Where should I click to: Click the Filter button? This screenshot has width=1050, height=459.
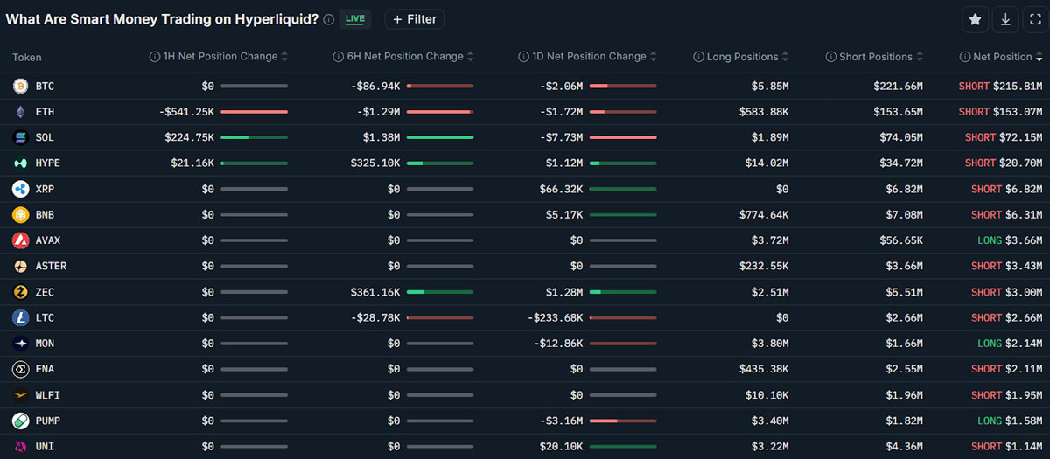click(415, 19)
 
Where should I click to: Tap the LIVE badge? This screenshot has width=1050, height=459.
click(355, 19)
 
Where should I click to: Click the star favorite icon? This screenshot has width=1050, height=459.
click(975, 19)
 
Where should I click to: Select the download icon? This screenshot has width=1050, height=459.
click(1005, 19)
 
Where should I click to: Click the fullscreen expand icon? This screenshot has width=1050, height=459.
click(1035, 19)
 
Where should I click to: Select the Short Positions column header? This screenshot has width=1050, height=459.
click(874, 57)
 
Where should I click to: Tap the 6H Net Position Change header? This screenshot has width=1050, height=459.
click(403, 56)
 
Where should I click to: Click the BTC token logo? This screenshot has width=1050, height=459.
click(20, 87)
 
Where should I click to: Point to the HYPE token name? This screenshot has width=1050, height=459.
click(48, 163)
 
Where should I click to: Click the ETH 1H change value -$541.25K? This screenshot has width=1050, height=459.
click(186, 112)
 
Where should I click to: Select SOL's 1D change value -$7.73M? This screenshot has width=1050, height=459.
click(562, 137)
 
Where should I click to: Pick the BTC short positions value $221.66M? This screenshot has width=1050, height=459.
click(898, 87)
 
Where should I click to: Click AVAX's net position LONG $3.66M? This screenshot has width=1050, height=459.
click(1010, 240)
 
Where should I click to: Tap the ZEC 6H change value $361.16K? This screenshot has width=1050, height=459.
click(375, 292)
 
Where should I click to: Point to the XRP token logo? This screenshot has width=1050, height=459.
click(20, 189)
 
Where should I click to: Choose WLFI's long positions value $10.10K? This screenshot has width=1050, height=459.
click(766, 395)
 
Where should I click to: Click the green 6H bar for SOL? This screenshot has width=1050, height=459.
click(440, 137)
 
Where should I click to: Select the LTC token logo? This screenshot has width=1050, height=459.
click(20, 318)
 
